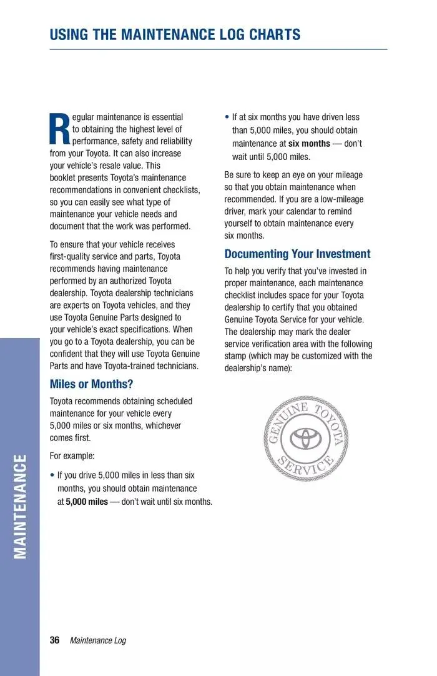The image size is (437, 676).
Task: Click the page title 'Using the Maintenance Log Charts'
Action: (x=175, y=34)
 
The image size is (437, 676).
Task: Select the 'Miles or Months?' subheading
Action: (x=91, y=384)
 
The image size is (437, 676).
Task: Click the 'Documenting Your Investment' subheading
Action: (x=297, y=254)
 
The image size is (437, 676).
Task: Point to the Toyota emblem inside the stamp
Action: (x=306, y=438)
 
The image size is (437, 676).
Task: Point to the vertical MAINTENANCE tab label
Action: (x=20, y=507)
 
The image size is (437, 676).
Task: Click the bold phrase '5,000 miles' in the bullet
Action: (x=87, y=502)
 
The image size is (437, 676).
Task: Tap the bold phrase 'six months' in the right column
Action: (x=309, y=144)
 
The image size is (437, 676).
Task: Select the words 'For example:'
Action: (x=72, y=456)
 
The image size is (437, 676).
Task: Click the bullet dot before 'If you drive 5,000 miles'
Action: (x=52, y=475)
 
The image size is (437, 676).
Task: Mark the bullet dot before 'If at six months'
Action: (x=227, y=117)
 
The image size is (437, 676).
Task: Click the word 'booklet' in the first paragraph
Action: (x=63, y=178)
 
